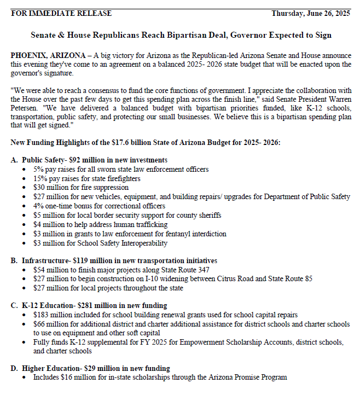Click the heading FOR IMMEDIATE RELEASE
[x=61, y=13]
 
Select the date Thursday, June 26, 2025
[x=311, y=13]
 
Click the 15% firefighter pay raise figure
[x=40, y=178]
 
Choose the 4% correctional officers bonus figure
[x=38, y=206]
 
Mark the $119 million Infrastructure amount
[x=94, y=260]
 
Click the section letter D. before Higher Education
[x=14, y=368]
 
